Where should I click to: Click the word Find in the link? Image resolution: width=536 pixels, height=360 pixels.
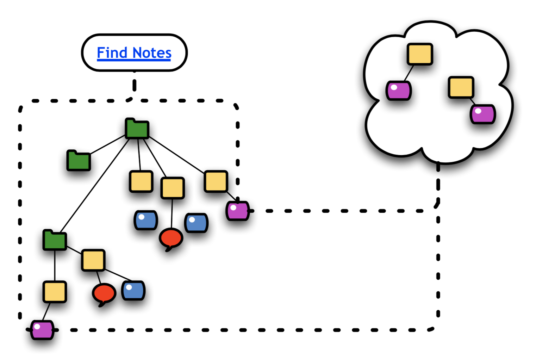(112, 53)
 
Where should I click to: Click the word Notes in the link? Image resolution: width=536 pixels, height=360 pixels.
(152, 53)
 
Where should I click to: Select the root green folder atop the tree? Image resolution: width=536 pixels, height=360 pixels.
(137, 129)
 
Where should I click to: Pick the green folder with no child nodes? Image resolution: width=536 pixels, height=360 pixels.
(79, 161)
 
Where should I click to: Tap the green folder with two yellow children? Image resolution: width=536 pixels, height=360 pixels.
(55, 240)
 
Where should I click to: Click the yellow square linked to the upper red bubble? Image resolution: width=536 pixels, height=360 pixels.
(173, 188)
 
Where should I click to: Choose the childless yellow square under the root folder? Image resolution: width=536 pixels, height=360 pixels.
(141, 181)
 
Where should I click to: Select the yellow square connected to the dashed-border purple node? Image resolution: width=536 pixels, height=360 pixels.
(216, 181)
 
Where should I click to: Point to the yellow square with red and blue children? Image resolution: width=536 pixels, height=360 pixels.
(93, 260)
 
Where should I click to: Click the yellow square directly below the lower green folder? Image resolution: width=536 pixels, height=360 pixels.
(55, 292)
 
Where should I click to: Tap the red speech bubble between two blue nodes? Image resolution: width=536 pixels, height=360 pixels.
(171, 238)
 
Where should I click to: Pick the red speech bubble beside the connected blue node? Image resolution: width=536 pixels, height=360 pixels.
(104, 293)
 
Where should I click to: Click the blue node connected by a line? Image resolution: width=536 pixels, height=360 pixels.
(133, 291)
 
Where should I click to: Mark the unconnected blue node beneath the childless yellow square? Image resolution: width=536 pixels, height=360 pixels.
(146, 220)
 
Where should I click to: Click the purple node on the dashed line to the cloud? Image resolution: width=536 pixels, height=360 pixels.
(238, 211)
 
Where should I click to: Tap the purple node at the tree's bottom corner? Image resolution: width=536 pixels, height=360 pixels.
(42, 330)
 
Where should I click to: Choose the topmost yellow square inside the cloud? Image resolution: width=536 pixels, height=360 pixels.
(420, 54)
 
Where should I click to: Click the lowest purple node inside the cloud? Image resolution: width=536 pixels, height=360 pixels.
(483, 114)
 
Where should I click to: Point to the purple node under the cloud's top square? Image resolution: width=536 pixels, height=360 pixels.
(399, 91)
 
